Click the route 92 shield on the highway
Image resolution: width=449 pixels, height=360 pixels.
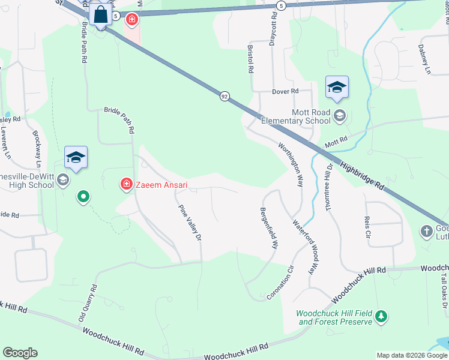click(224, 96)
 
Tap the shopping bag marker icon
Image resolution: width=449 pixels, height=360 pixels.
click(101, 15)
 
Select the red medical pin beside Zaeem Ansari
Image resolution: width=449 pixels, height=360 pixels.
click(127, 184)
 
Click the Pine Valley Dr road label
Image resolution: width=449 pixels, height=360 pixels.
click(189, 223)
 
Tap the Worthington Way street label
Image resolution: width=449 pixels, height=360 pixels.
click(291, 164)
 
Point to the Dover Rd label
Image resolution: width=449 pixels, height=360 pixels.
click(285, 92)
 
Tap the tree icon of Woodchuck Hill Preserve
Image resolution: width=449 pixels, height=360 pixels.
click(380, 316)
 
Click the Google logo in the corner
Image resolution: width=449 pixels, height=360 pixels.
click(20, 353)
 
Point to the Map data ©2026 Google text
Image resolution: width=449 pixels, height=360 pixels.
click(412, 355)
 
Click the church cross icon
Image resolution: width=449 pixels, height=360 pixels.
click(426, 231)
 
